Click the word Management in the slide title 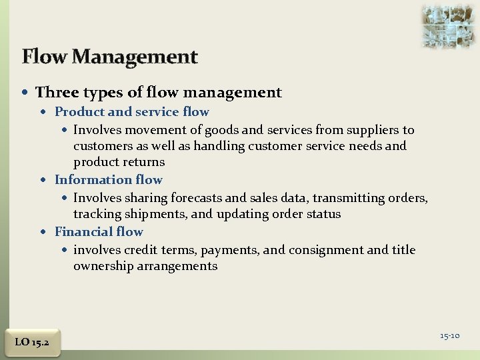135,57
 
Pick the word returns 143,162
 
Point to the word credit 141,250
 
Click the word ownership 106,266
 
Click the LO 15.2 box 31,342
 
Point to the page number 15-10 449,335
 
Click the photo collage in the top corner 448,25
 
